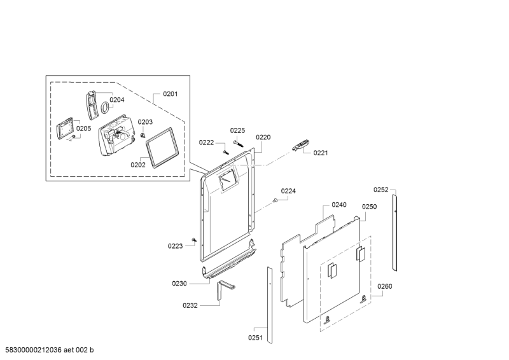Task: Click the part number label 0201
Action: tap(171, 94)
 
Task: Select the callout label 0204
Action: tap(116, 99)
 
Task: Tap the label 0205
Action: tap(84, 128)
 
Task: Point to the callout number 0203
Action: tap(145, 122)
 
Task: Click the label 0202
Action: tap(138, 164)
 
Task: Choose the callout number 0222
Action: tap(206, 142)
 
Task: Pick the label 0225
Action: tap(237, 130)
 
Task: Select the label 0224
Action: tap(289, 191)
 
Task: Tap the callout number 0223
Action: tap(175, 246)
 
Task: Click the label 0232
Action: tap(190, 305)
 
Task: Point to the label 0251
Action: tap(256, 338)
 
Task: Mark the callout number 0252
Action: tap(380, 190)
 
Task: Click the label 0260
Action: tap(384, 286)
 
